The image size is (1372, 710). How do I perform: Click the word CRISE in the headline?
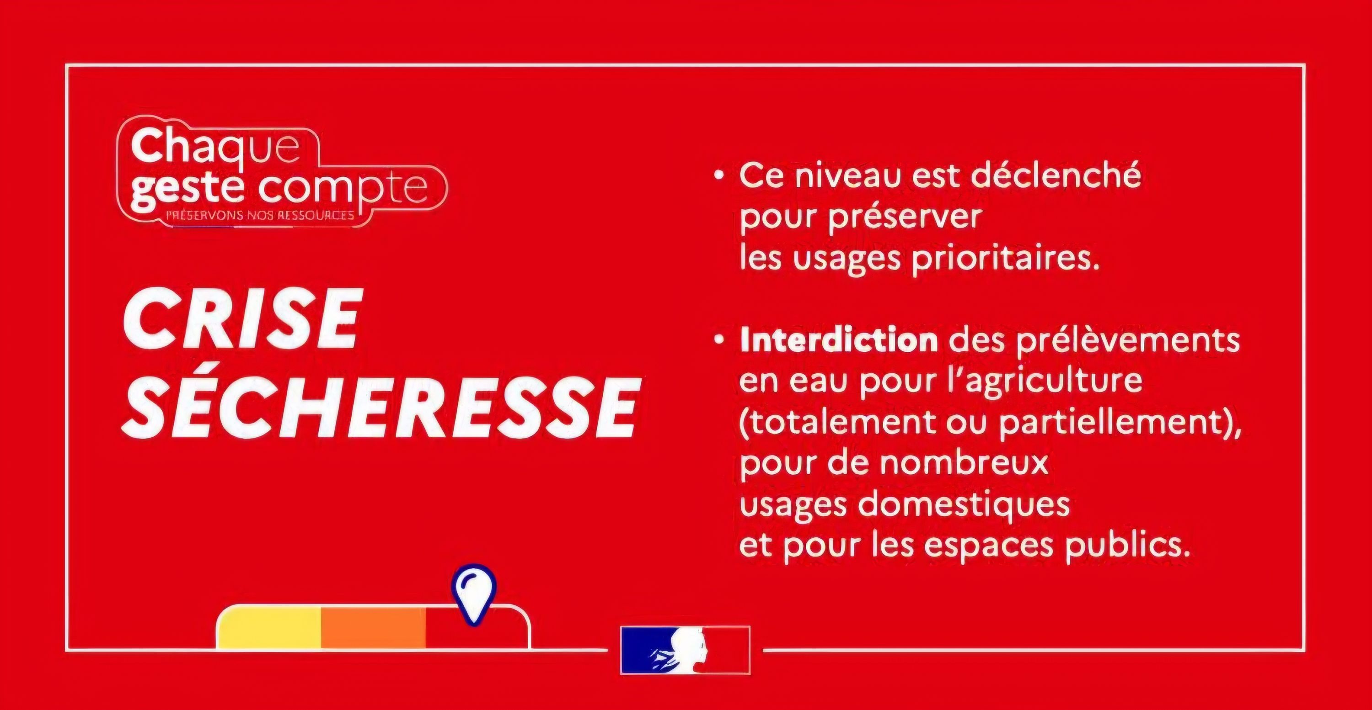[x=240, y=319]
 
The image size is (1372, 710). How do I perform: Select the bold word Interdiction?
[x=839, y=341]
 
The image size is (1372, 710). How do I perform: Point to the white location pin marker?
[x=473, y=594]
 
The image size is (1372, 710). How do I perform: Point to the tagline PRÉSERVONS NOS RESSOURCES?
[x=260, y=216]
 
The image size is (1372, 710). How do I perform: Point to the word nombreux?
[x=964, y=463]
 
